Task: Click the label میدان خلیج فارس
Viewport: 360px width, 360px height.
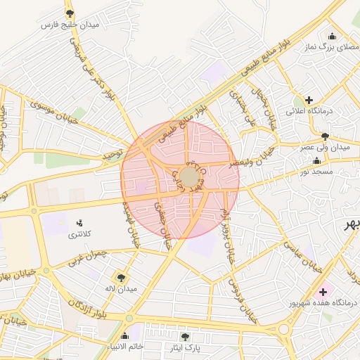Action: (x=69, y=25)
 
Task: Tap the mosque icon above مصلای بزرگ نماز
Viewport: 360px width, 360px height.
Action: (x=332, y=37)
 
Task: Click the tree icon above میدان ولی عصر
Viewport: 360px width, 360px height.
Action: (x=324, y=136)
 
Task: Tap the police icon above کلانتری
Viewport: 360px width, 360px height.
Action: (x=79, y=223)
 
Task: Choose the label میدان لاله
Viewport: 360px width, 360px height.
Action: (x=122, y=289)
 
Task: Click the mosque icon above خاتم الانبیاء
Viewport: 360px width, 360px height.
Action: (x=125, y=335)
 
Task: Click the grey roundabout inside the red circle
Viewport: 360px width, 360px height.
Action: (x=189, y=176)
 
